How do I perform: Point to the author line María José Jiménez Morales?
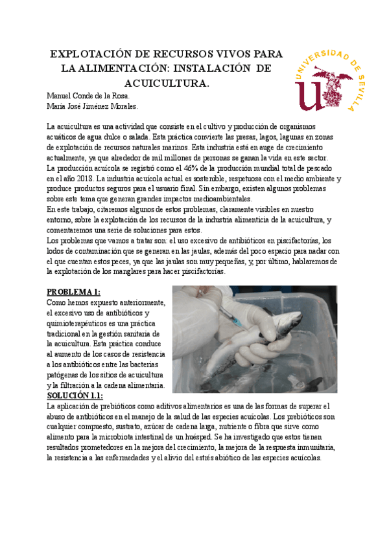click(x=93, y=106)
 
